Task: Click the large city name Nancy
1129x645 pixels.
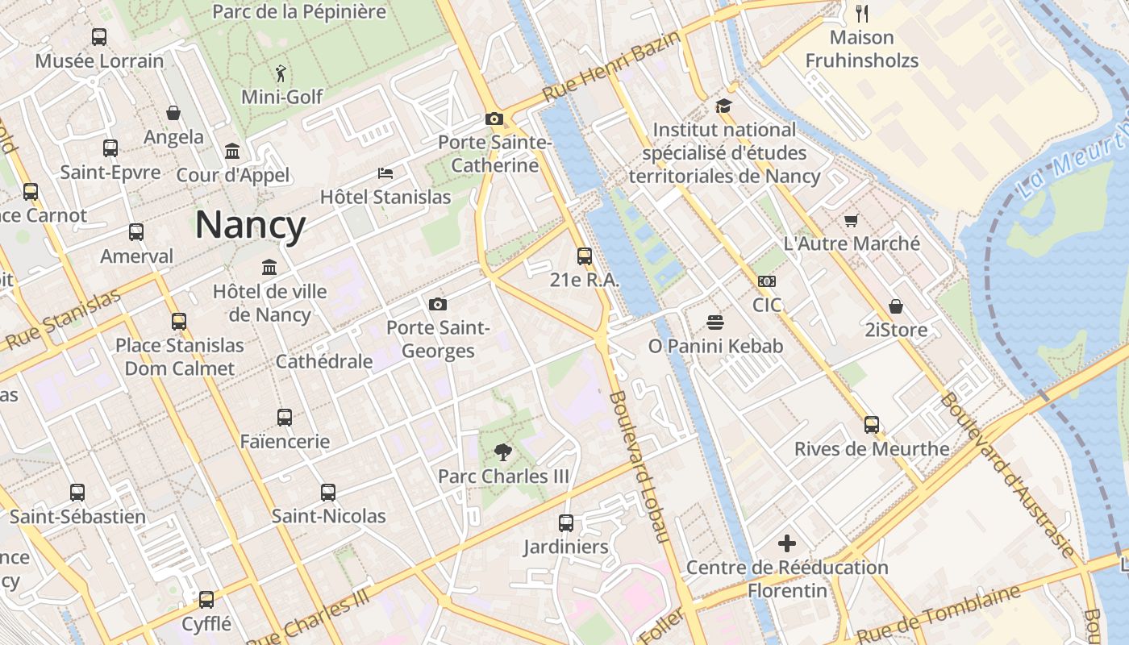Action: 250,225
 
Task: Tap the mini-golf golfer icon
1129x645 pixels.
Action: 280,73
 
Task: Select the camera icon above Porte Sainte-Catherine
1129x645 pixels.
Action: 494,119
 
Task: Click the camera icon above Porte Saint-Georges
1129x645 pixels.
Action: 438,304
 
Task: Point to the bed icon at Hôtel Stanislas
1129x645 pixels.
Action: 385,173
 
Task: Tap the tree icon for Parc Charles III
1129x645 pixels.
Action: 503,452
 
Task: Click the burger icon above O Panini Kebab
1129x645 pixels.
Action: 715,322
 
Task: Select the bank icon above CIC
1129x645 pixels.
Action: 767,281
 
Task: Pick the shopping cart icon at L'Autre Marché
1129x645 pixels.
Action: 851,220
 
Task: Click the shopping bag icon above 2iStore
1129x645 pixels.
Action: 896,306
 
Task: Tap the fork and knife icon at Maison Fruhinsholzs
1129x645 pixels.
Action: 861,13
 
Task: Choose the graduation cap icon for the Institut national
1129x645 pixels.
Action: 723,106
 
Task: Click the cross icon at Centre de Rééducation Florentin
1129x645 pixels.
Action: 787,543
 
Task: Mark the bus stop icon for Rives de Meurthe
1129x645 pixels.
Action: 872,425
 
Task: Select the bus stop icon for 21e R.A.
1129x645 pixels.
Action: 585,256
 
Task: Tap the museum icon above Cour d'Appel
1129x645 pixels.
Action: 232,152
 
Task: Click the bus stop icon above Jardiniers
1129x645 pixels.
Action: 566,523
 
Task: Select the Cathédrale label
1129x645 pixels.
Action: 324,361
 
